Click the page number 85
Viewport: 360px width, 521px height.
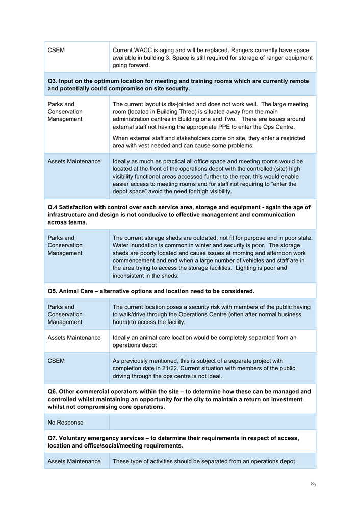pyautogui.click(x=313, y=484)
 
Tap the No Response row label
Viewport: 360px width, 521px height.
pyautogui.click(x=65, y=423)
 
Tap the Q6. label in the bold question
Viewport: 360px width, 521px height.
pyautogui.click(x=53, y=392)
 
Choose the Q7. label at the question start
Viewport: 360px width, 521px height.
pyautogui.click(x=53, y=438)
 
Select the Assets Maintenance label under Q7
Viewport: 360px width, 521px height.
pyautogui.click(x=74, y=461)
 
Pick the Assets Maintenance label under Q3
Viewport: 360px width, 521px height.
pyautogui.click(x=74, y=161)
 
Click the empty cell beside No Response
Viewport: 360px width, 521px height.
pyautogui.click(x=212, y=423)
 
